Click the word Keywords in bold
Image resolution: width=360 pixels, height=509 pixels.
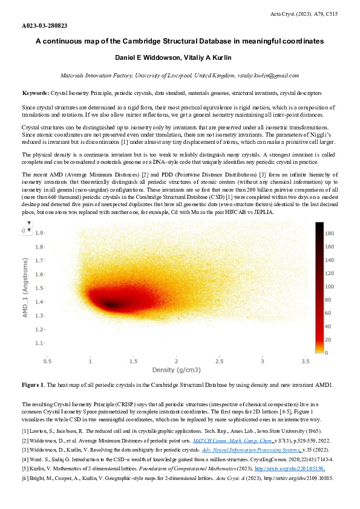coord(36,94)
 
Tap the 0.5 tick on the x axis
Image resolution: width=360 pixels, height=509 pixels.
coord(47,360)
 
